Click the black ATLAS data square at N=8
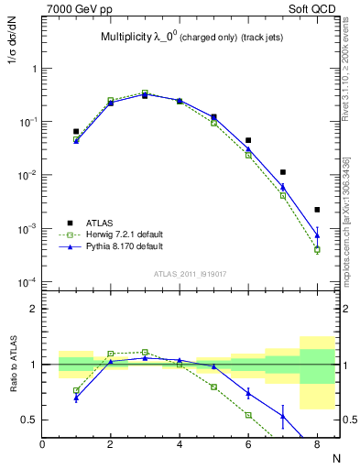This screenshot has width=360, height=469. coord(317,210)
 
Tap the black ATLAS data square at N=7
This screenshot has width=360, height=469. coord(283,172)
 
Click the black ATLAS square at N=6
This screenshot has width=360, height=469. coord(248,140)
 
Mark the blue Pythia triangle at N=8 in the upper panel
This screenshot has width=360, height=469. coord(317,235)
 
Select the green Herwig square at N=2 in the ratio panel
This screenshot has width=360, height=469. coord(111,354)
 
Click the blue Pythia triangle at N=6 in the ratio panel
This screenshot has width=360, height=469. coord(248,393)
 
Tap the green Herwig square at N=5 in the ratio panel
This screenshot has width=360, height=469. coord(213,387)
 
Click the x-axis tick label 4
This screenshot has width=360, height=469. coord(180,444)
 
